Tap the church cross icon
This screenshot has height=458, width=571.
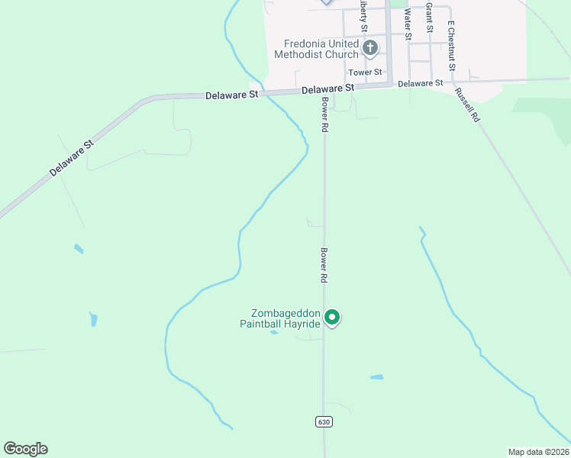[369, 49]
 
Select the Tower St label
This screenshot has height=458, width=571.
[365, 73]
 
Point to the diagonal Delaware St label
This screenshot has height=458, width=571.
[71, 158]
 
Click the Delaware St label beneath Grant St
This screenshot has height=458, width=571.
[421, 82]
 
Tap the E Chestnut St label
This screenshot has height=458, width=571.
[451, 46]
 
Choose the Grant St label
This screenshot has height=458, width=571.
[429, 18]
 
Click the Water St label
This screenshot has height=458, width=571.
[408, 24]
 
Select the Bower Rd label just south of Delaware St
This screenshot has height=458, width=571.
[324, 115]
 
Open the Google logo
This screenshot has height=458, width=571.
[25, 449]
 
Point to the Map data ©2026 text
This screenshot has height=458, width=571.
[538, 452]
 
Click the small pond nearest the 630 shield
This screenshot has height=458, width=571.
[376, 377]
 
